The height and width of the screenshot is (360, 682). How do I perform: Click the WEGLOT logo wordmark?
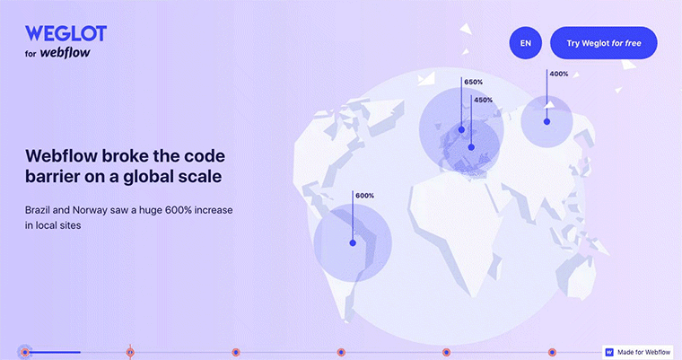pyautogui.click(x=66, y=33)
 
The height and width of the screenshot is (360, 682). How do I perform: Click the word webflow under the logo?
pyautogui.click(x=65, y=53)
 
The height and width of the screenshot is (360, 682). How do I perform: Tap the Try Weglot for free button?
pyautogui.click(x=604, y=43)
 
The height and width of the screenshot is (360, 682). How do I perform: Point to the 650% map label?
pyautogui.click(x=473, y=82)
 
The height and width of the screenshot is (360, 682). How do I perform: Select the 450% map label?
pyautogui.click(x=483, y=101)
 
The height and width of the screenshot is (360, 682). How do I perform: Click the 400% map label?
pyautogui.click(x=559, y=74)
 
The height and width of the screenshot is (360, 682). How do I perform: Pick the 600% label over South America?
pyautogui.click(x=364, y=196)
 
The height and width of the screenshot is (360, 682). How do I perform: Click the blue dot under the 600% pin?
pyautogui.click(x=353, y=243)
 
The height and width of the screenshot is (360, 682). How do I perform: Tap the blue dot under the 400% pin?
pyautogui.click(x=546, y=122)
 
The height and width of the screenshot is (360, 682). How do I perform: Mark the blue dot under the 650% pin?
pyautogui.click(x=461, y=129)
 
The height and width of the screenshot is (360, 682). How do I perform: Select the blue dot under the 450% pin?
pyautogui.click(x=471, y=147)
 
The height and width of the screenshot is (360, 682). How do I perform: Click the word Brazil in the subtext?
pyautogui.click(x=38, y=210)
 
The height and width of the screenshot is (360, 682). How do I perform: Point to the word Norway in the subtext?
pyautogui.click(x=90, y=210)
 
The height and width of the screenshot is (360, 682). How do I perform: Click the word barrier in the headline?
pyautogui.click(x=51, y=176)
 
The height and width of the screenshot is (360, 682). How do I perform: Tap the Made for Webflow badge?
pyautogui.click(x=638, y=352)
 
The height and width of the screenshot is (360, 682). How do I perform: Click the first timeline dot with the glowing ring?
pyautogui.click(x=25, y=352)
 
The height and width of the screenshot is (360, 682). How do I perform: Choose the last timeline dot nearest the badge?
pyautogui.click(x=552, y=352)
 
